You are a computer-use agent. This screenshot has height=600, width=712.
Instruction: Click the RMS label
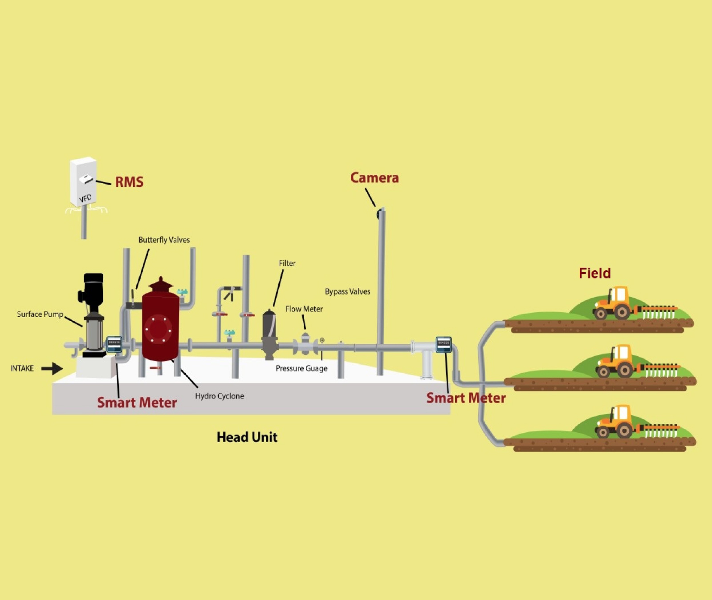(x=129, y=182)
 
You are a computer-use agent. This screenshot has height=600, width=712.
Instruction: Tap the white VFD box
(x=83, y=181)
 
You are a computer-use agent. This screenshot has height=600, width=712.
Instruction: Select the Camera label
(x=374, y=178)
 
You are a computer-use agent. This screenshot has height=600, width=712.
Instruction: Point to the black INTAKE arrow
(x=52, y=368)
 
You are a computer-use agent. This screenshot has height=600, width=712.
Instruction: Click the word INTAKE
(x=22, y=368)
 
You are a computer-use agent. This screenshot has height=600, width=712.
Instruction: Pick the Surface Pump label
(x=40, y=314)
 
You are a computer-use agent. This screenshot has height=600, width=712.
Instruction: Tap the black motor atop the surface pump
(x=93, y=289)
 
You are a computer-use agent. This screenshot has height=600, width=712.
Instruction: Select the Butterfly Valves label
(x=164, y=240)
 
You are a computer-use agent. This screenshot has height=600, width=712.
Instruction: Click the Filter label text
(x=287, y=263)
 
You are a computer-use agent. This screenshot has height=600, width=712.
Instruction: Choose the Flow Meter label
(x=304, y=309)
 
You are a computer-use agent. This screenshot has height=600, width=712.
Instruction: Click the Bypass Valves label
(x=347, y=292)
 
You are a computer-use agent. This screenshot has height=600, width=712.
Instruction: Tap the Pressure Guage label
(x=301, y=368)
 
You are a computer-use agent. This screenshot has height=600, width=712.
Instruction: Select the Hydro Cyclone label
(x=220, y=396)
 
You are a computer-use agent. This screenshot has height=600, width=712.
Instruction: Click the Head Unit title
(x=247, y=437)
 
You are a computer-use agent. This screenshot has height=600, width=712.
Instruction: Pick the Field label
(x=594, y=273)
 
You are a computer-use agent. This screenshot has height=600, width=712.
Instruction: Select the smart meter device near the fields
(x=443, y=344)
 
